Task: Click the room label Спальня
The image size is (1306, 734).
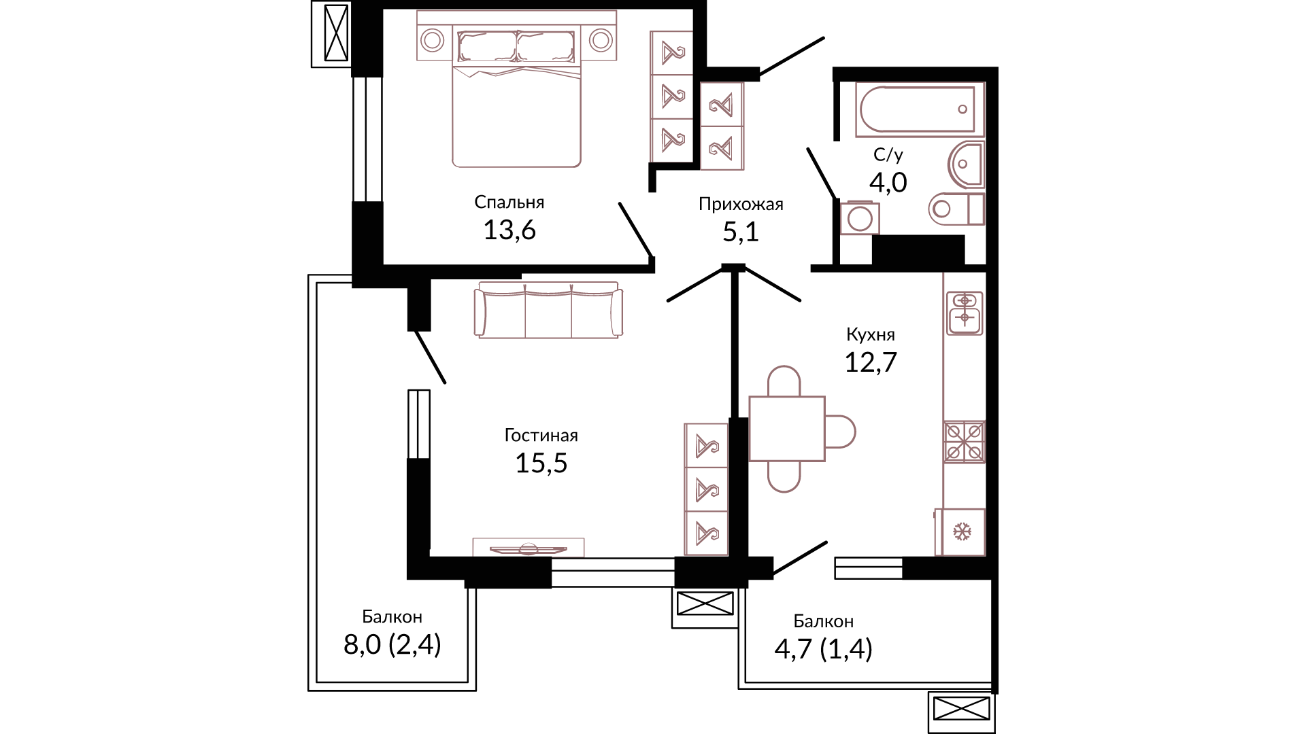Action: click(x=509, y=202)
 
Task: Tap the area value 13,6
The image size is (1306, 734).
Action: click(x=509, y=230)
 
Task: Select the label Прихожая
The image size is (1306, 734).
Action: click(x=741, y=204)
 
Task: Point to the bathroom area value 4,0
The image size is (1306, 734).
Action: click(x=888, y=182)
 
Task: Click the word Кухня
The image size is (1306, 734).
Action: click(x=870, y=334)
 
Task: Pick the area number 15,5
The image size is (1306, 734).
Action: click(x=541, y=464)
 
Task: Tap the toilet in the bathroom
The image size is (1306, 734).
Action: click(x=956, y=209)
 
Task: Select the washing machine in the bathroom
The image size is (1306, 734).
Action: click(x=860, y=217)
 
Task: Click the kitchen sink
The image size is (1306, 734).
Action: click(x=965, y=313)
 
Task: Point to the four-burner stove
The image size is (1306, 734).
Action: click(x=964, y=442)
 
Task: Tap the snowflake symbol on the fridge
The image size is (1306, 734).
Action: click(x=962, y=531)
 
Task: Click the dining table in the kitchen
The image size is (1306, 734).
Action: click(x=787, y=429)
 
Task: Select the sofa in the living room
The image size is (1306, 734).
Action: click(x=548, y=311)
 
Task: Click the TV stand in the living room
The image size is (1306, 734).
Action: click(x=529, y=547)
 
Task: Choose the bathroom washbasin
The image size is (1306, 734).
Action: click(x=966, y=164)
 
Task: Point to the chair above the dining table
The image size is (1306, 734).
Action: click(x=784, y=381)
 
